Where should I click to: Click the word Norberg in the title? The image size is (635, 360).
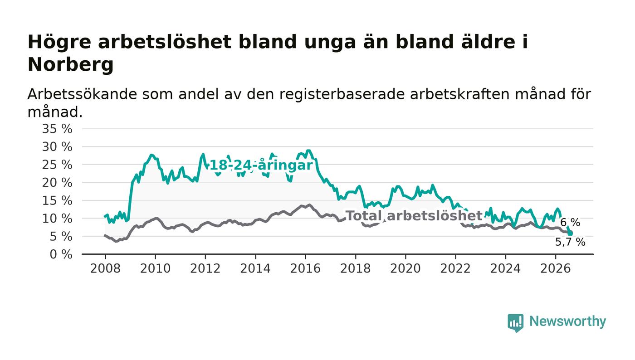pyautogui.click(x=71, y=65)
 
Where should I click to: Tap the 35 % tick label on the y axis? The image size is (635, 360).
pyautogui.click(x=57, y=129)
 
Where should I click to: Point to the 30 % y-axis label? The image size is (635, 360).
pyautogui.click(x=57, y=147)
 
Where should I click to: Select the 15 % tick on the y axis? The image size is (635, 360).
pyautogui.click(x=57, y=201)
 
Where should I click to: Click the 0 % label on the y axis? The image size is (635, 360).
pyautogui.click(x=61, y=254)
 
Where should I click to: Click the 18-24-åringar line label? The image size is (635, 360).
pyautogui.click(x=261, y=165)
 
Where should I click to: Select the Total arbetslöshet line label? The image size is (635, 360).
pyautogui.click(x=414, y=216)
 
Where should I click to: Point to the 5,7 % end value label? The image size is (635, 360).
pyautogui.click(x=570, y=242)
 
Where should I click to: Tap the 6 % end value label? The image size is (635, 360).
pyautogui.click(x=570, y=223)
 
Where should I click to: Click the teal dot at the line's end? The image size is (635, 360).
pyautogui.click(x=570, y=234)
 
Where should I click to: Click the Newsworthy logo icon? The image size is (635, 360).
pyautogui.click(x=515, y=323)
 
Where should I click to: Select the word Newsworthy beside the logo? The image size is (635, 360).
pyautogui.click(x=567, y=321)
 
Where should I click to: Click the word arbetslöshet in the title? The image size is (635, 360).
pyautogui.click(x=165, y=42)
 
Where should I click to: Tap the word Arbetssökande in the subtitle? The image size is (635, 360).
pyautogui.click(x=82, y=94)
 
